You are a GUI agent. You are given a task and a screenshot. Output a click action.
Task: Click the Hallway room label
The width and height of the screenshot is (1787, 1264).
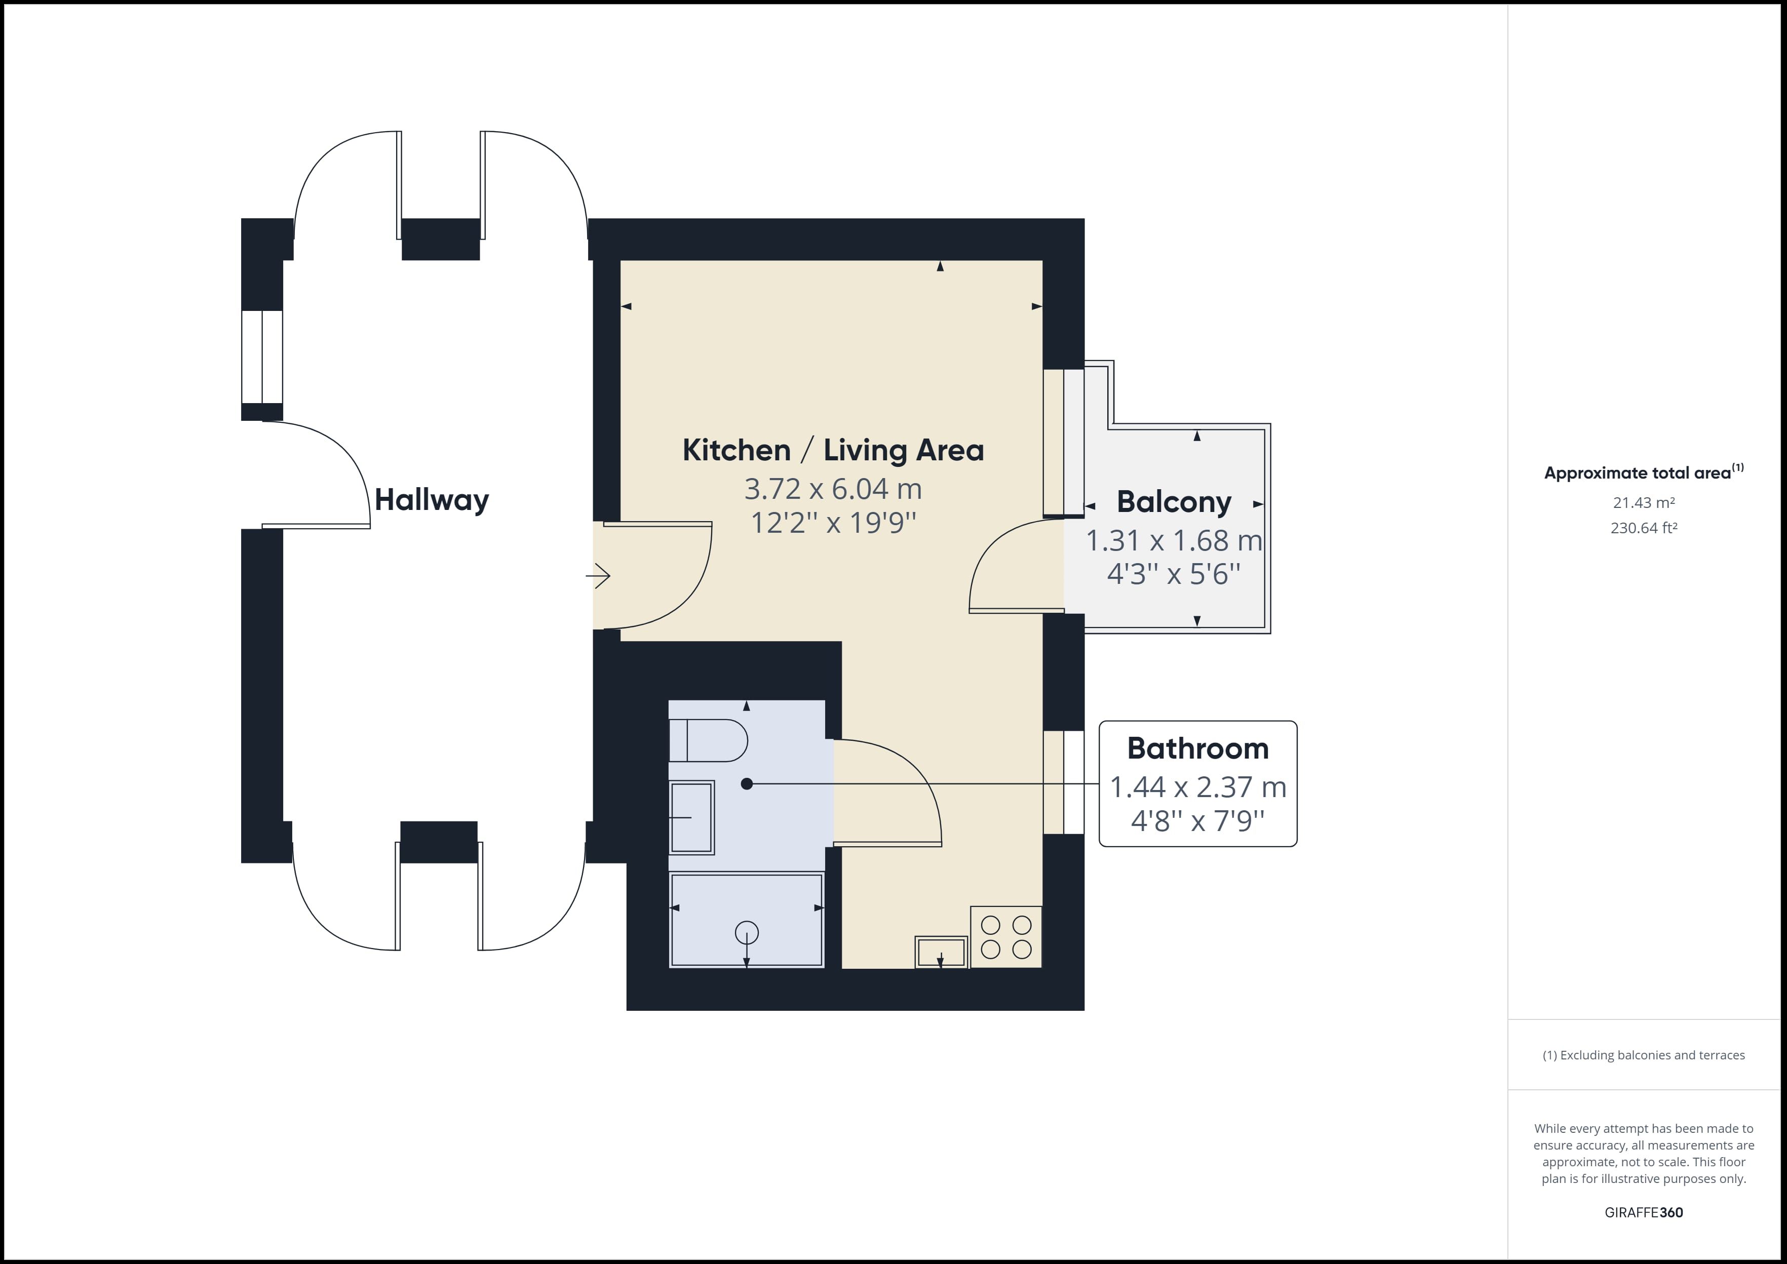point(432,500)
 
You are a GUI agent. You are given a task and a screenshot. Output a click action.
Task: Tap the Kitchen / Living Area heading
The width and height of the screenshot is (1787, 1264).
point(833,450)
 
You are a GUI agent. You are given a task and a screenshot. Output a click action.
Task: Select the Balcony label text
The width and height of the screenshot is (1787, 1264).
point(1174,502)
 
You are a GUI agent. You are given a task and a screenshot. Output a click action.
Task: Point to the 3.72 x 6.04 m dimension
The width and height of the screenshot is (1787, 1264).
point(833,489)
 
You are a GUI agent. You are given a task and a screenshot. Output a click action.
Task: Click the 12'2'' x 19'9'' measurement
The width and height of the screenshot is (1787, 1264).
point(833,522)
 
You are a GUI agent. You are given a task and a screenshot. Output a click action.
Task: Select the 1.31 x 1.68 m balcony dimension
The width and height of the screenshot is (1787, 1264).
point(1174,540)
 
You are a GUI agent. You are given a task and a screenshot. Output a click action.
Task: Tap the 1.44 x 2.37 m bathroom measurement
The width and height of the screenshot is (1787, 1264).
point(1198,787)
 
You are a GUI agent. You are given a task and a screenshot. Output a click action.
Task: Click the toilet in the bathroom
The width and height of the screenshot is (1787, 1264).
point(708,740)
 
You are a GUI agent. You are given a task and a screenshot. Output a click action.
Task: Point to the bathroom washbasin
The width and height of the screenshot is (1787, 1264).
point(691,817)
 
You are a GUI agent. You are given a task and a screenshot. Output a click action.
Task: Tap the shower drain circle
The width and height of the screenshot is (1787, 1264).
point(747,932)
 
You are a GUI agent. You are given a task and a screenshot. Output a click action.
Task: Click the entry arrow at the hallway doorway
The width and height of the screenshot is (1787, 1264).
point(598,576)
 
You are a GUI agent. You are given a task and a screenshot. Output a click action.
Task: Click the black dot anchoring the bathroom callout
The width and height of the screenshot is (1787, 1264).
point(747,784)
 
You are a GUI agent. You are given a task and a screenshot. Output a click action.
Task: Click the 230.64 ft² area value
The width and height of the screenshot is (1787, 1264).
point(1644,528)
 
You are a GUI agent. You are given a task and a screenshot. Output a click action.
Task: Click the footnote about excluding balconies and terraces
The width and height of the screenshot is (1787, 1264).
point(1644,1055)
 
